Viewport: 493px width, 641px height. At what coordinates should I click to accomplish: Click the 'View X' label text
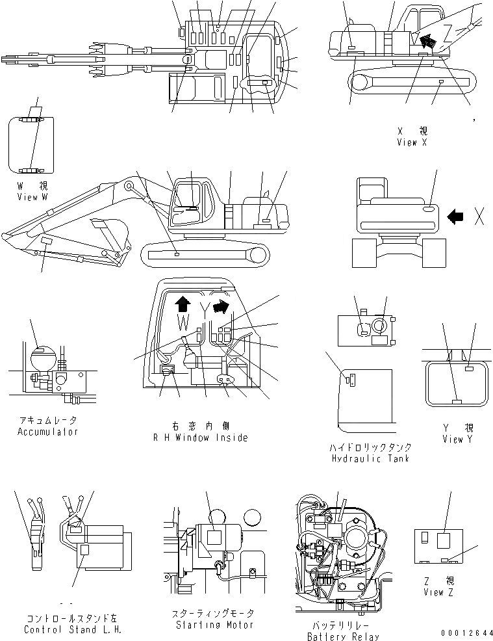point(412,142)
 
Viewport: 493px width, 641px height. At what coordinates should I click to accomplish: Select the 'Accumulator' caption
point(47,432)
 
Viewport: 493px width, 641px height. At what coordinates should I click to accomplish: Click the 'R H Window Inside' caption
point(200,438)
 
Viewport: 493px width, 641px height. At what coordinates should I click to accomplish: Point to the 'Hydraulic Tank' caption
point(371,459)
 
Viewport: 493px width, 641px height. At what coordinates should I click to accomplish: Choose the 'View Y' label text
point(461,439)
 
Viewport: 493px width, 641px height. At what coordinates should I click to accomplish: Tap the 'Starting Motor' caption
point(214,625)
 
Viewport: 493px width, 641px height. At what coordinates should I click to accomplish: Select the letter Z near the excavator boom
point(448,32)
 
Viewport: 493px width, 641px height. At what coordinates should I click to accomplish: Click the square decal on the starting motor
point(215,538)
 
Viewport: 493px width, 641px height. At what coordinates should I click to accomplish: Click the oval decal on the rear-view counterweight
point(430,209)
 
